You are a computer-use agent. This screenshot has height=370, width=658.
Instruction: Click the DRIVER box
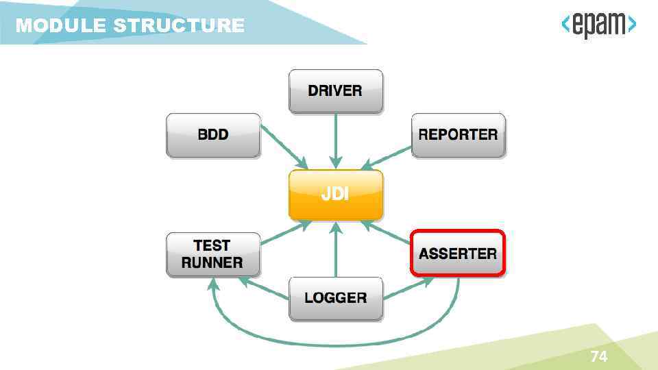(x=335, y=90)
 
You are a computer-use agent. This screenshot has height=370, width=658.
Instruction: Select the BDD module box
(x=213, y=135)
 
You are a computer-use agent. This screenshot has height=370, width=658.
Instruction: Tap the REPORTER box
(x=458, y=135)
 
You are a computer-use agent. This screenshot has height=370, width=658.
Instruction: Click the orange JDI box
(x=335, y=195)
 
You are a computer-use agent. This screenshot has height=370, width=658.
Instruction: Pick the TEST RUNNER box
(x=213, y=254)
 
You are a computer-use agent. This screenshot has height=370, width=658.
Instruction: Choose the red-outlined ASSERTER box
(x=458, y=254)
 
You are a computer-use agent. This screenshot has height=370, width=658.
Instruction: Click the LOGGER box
(x=335, y=298)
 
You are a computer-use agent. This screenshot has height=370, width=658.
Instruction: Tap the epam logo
(x=598, y=26)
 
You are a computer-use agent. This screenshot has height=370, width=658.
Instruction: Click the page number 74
(x=598, y=356)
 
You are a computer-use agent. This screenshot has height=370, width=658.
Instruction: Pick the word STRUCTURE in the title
(x=179, y=26)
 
